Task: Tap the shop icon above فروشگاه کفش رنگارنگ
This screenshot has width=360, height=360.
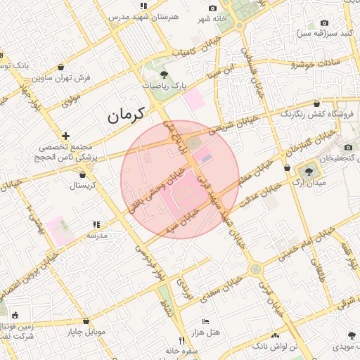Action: [x=316, y=103]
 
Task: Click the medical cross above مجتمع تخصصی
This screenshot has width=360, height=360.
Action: [x=65, y=136]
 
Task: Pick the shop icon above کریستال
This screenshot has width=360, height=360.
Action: [x=83, y=174]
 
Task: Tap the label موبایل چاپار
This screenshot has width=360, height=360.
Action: [x=86, y=331]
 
